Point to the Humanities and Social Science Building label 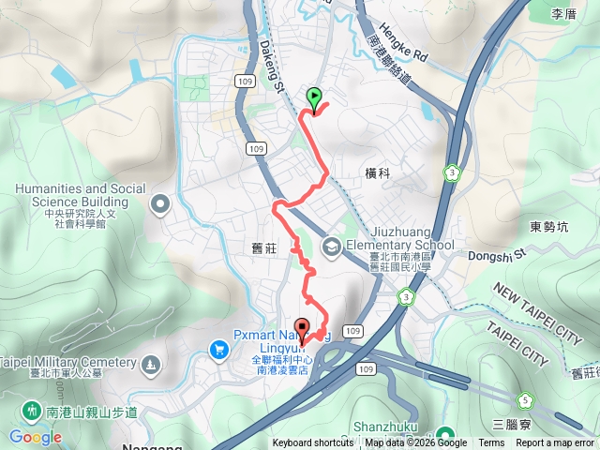pyautogui.click(x=71, y=195)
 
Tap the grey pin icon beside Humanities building pyautogui.click(x=160, y=202)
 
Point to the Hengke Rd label pyautogui.click(x=404, y=42)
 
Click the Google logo pyautogui.click(x=35, y=437)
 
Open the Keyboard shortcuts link pyautogui.click(x=313, y=443)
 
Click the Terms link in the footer pyautogui.click(x=491, y=443)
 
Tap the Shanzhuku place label pyautogui.click(x=386, y=427)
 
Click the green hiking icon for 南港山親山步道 pyautogui.click(x=31, y=410)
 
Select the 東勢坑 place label pyautogui.click(x=548, y=226)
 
